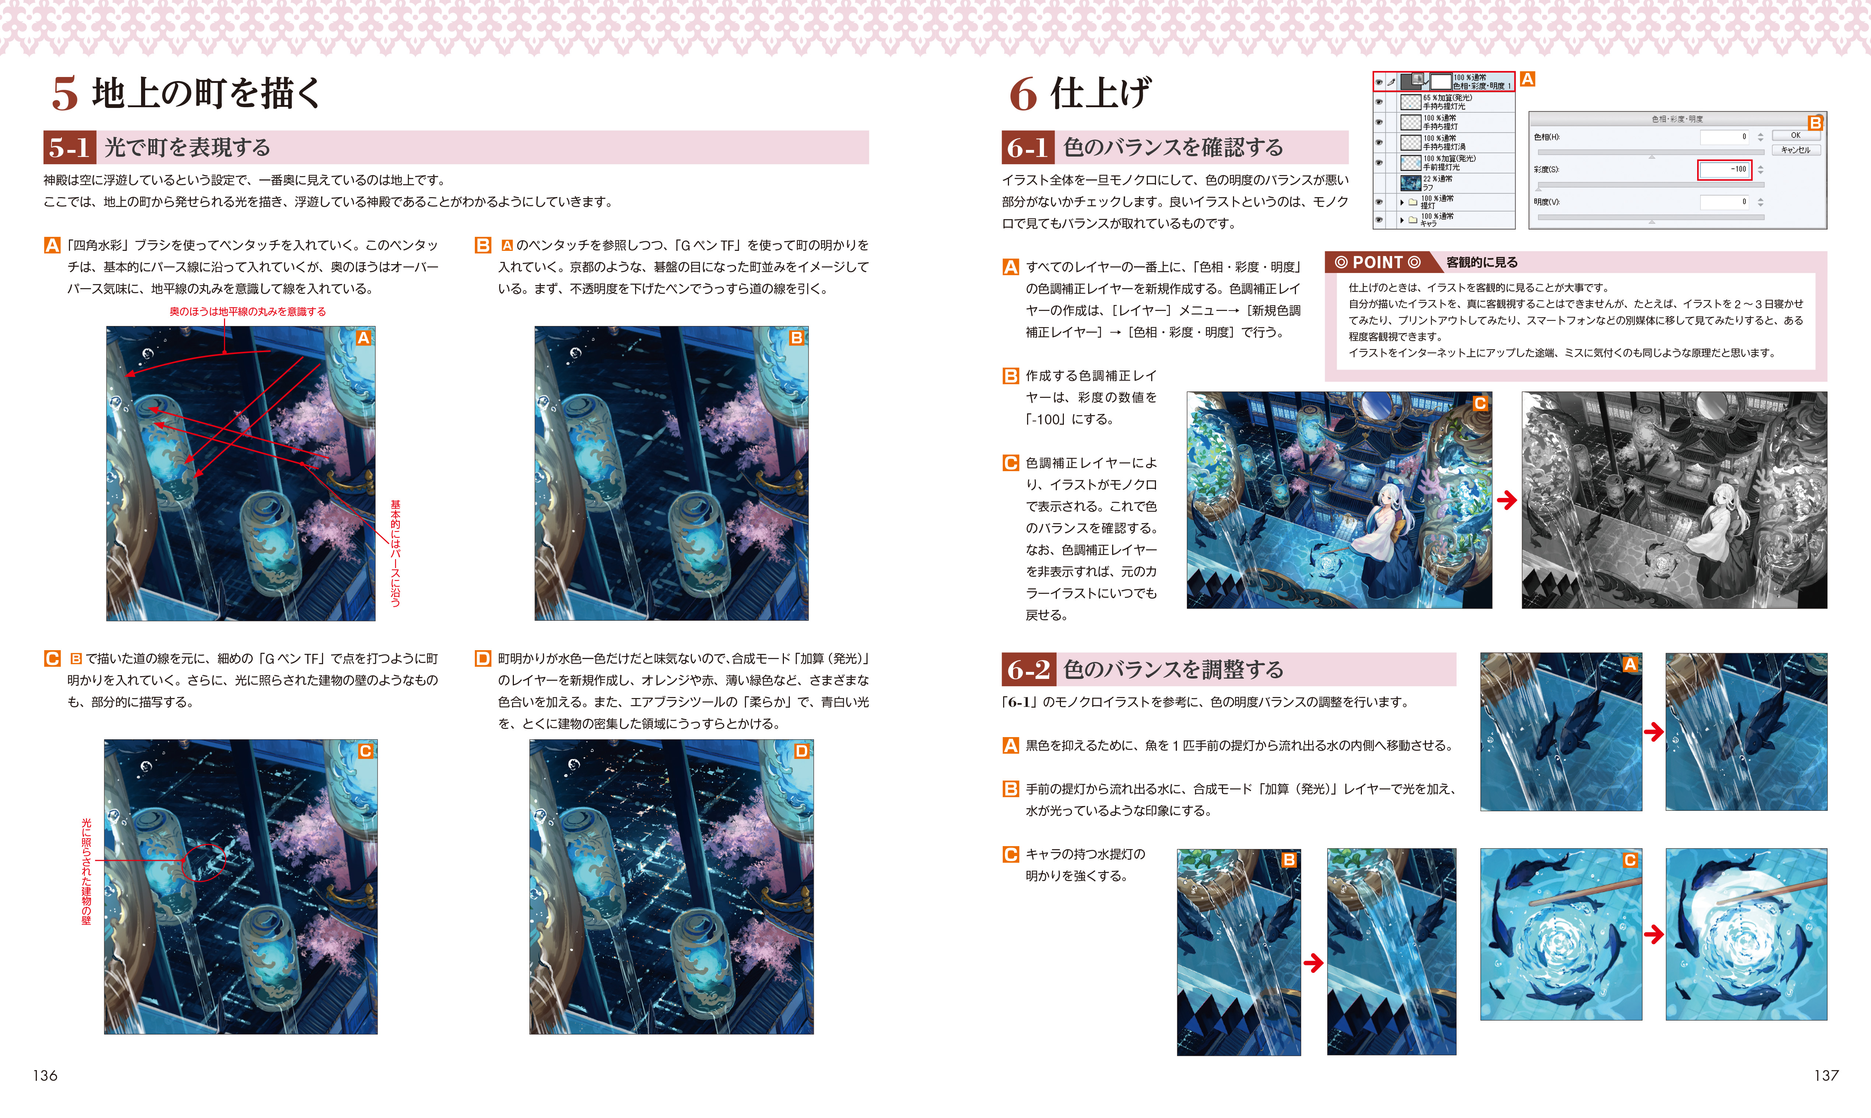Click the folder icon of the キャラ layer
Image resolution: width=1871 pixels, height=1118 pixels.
point(1413,220)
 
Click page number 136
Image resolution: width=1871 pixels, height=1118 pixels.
point(45,1075)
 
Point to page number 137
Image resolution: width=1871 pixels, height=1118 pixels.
point(1826,1075)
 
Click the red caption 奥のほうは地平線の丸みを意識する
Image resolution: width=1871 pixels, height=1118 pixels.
point(248,311)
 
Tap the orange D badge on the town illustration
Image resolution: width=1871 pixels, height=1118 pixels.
point(802,751)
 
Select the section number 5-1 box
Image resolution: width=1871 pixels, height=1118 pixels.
point(69,147)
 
